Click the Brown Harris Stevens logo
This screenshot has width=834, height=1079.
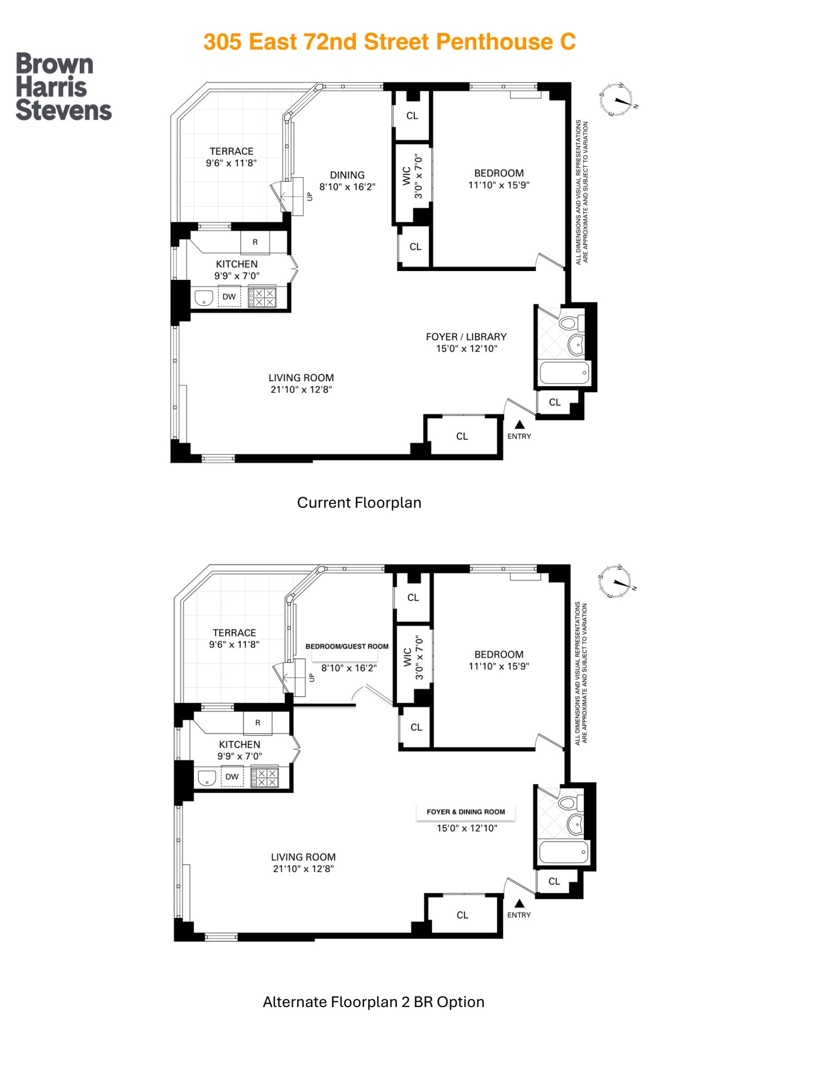(x=63, y=87)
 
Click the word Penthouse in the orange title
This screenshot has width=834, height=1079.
(x=495, y=42)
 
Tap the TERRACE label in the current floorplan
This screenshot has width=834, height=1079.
(x=231, y=151)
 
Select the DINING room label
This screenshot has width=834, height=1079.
(x=347, y=175)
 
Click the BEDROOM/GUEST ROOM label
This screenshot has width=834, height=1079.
(x=347, y=646)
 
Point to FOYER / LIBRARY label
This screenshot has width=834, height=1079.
(x=466, y=337)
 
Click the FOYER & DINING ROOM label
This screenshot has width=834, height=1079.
(x=465, y=812)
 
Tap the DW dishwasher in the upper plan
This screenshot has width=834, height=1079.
(x=229, y=297)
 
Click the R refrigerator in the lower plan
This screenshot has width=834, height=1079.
(x=257, y=723)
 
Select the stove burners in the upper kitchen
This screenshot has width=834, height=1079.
(x=262, y=298)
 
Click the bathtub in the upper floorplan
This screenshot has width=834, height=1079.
(x=564, y=373)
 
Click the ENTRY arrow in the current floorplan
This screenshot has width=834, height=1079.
(x=520, y=425)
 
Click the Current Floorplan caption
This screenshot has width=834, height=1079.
(x=359, y=502)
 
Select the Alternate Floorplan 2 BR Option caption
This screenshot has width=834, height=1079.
(x=373, y=1002)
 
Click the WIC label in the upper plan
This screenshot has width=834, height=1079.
(x=407, y=176)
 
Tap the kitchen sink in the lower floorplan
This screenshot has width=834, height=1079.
(x=207, y=778)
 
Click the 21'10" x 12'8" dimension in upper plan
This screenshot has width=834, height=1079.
(x=301, y=389)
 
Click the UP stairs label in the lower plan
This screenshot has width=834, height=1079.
(x=312, y=678)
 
